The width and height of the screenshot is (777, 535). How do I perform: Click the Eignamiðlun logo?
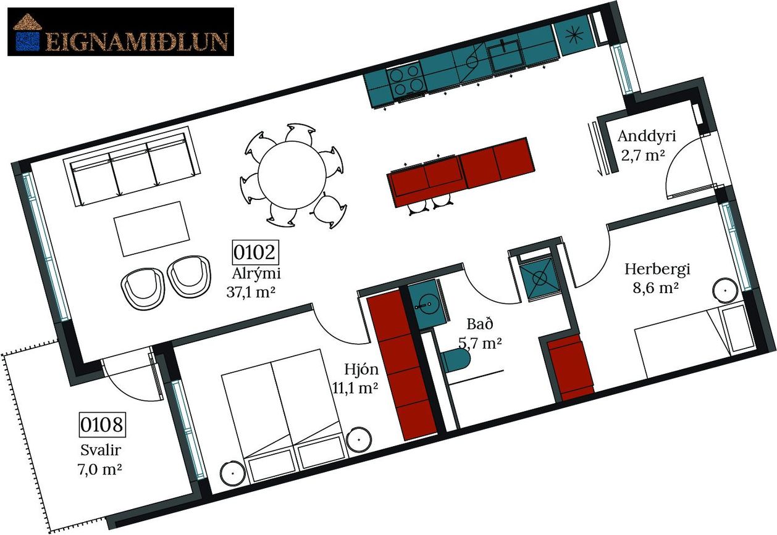120,31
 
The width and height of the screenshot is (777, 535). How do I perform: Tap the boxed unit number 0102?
255,252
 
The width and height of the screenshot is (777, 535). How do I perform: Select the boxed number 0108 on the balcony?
102,425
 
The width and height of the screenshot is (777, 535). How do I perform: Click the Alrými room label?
256,273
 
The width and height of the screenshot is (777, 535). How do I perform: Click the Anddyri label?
647,136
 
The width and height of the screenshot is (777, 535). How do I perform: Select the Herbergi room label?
657,269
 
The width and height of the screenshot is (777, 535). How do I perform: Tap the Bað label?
480,324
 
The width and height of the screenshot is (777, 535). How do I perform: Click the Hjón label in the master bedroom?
361,370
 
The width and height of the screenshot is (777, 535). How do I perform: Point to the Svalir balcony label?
101,450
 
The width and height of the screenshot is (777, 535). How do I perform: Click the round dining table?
292,175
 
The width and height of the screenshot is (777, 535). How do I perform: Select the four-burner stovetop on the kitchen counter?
406,80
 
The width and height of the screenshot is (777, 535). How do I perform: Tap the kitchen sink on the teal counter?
505,55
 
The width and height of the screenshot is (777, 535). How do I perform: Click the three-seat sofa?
132,165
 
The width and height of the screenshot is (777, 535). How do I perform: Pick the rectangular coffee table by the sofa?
152,229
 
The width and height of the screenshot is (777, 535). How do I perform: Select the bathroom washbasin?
427,304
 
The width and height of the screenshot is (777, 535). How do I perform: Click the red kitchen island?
461,172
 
